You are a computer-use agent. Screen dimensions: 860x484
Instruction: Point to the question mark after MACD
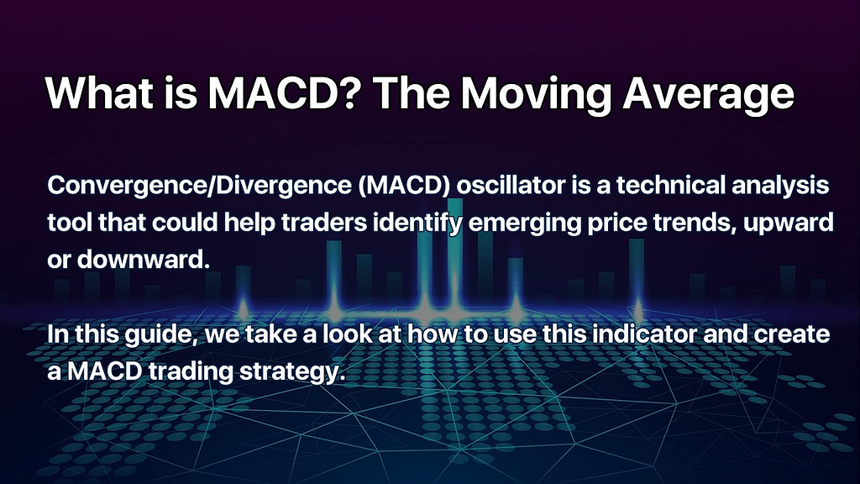click(349, 92)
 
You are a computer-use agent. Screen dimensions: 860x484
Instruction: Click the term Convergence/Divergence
click(199, 187)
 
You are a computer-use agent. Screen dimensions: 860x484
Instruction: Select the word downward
click(144, 259)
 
